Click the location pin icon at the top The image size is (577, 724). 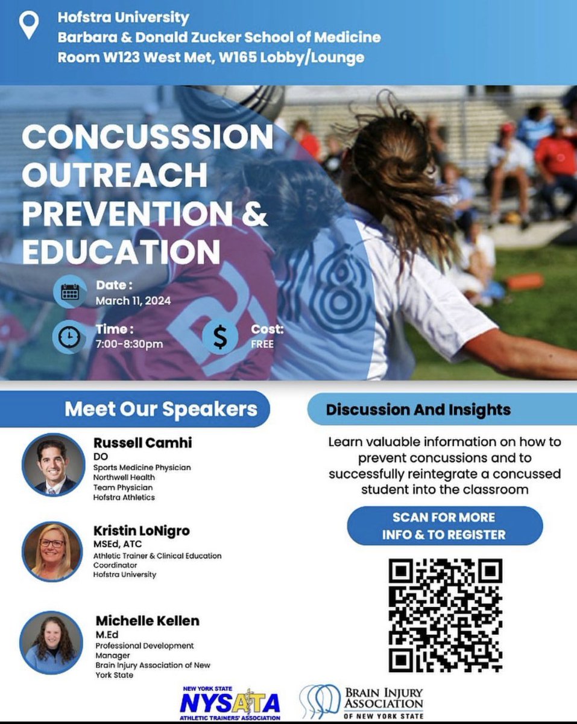[29, 25]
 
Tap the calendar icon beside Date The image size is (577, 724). [70, 292]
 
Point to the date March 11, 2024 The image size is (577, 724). [133, 300]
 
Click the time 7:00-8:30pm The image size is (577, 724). [129, 345]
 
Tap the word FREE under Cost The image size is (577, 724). [262, 345]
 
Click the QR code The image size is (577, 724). [446, 615]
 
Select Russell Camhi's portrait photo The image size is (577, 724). [53, 465]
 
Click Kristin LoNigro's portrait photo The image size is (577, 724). [52, 551]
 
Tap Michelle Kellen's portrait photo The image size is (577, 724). [51, 642]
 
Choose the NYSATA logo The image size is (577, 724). [230, 702]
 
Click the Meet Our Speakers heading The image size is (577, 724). [161, 409]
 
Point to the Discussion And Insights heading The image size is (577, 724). [418, 410]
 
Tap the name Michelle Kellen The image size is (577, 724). [147, 621]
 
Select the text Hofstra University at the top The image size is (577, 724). [123, 17]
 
